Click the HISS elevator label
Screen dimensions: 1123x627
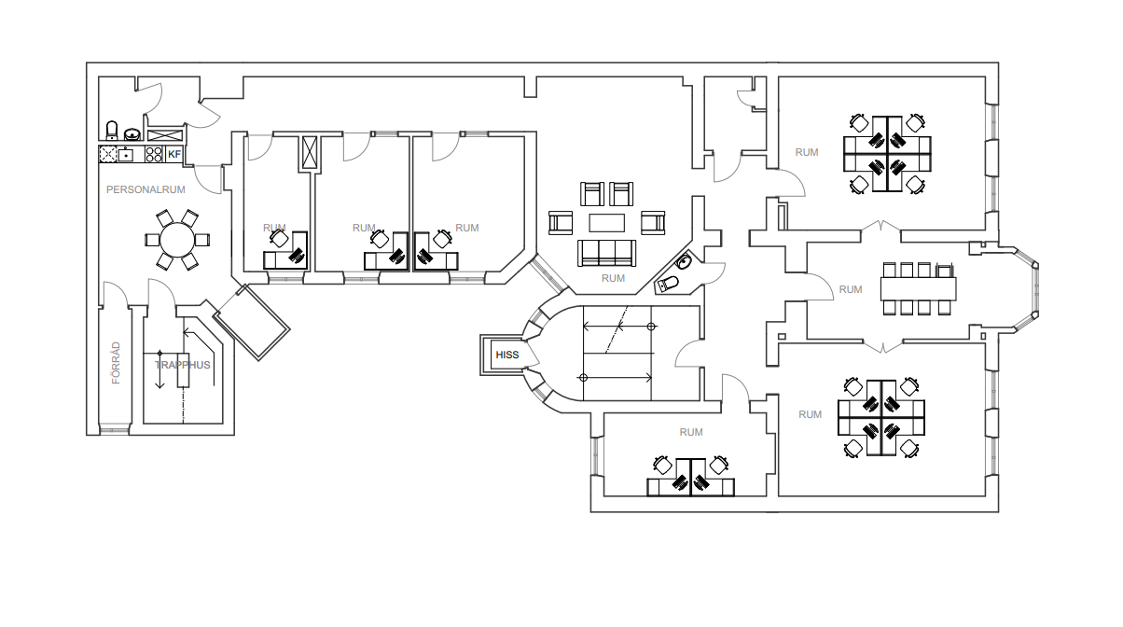506,355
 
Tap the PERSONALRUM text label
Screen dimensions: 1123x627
146,189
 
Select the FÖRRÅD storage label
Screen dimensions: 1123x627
116,363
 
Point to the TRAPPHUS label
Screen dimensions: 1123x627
183,365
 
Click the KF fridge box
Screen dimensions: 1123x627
174,154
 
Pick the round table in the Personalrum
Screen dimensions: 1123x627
177,241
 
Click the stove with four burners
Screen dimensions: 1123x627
154,154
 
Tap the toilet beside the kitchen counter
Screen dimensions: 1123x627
112,131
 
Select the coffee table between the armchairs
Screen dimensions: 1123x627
606,223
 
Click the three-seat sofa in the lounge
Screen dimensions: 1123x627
606,253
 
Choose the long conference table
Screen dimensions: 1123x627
919,289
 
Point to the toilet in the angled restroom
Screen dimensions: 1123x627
667,285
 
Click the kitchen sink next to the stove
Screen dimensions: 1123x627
125,154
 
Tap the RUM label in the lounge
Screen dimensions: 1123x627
613,278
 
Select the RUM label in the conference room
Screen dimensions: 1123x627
851,289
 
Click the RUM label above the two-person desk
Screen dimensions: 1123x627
691,432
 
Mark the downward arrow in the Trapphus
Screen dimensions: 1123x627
159,369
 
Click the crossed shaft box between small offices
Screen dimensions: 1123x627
311,152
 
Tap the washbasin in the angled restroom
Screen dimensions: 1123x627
684,261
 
